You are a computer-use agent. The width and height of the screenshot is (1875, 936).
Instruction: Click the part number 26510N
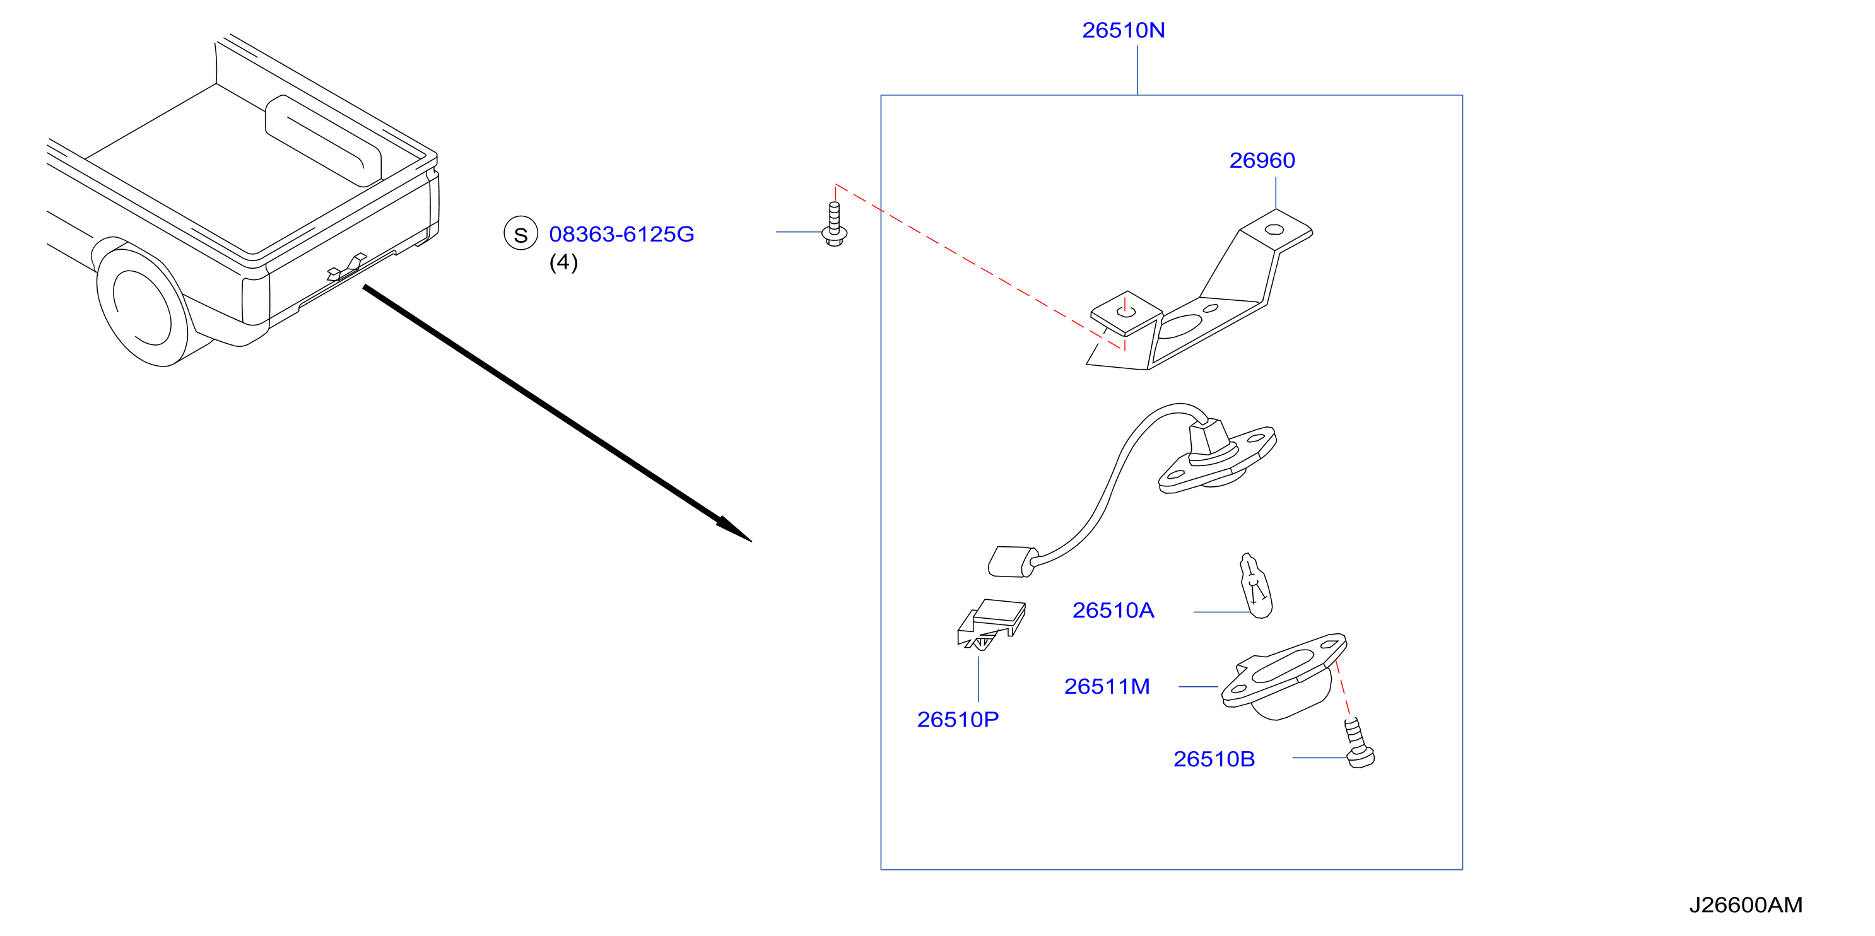[1123, 30]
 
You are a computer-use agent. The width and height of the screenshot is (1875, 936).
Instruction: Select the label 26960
[1262, 160]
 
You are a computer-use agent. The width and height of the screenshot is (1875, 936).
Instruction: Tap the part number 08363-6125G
[621, 235]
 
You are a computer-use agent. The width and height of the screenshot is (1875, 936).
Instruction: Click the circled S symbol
[521, 233]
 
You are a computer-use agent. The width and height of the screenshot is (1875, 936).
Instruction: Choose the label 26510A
[1113, 611]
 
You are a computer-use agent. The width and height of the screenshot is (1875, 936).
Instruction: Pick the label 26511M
[1107, 686]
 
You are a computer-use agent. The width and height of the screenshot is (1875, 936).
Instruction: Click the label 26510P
[958, 720]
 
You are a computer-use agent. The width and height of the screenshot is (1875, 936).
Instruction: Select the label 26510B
[1214, 759]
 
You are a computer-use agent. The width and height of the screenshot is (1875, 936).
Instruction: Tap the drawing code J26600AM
[1746, 904]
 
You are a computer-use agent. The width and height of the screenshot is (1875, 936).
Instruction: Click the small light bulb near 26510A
[1255, 586]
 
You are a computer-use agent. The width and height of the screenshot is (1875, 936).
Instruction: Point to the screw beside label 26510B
[1358, 743]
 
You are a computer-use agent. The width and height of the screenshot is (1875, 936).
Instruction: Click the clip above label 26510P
[991, 624]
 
